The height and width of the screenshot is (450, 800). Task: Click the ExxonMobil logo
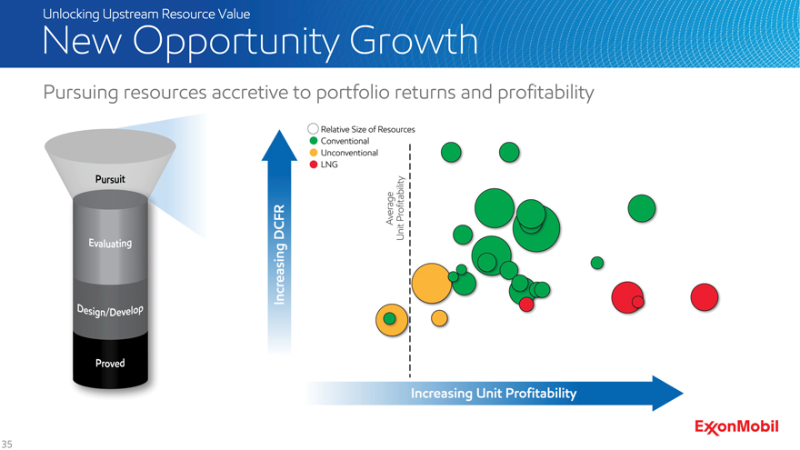(736, 427)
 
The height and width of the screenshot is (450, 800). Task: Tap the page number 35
(6, 444)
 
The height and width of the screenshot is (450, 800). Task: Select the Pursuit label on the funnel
(110, 179)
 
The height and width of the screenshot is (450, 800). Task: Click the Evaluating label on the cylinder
(110, 244)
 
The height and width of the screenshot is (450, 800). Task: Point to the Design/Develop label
(110, 310)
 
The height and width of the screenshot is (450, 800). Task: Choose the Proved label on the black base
(110, 364)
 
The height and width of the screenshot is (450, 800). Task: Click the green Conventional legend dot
(314, 141)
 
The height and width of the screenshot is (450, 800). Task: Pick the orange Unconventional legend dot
(314, 153)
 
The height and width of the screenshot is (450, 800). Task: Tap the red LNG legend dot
(314, 165)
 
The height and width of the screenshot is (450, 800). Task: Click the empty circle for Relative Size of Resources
(314, 128)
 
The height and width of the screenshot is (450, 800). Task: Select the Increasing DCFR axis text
(279, 255)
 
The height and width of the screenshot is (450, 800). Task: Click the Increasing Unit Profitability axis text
(494, 394)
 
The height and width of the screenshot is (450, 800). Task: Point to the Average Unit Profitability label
(395, 208)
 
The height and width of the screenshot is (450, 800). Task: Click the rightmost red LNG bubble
(705, 297)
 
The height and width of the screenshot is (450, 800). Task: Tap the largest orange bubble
(432, 283)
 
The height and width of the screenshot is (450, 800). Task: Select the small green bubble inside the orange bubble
(389, 318)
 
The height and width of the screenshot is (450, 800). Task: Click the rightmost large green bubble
(642, 208)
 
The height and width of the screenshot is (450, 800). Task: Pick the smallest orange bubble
(439, 318)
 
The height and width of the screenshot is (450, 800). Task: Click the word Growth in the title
(414, 42)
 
